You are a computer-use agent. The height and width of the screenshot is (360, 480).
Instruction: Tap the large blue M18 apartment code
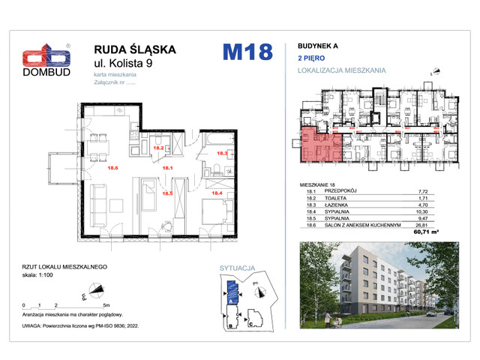click(247, 53)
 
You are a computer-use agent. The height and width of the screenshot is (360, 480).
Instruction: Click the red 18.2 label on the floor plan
click(158, 148)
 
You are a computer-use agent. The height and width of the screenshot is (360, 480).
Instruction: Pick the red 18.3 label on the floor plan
click(222, 154)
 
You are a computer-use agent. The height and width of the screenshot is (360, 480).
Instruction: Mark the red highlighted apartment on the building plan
click(317, 145)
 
